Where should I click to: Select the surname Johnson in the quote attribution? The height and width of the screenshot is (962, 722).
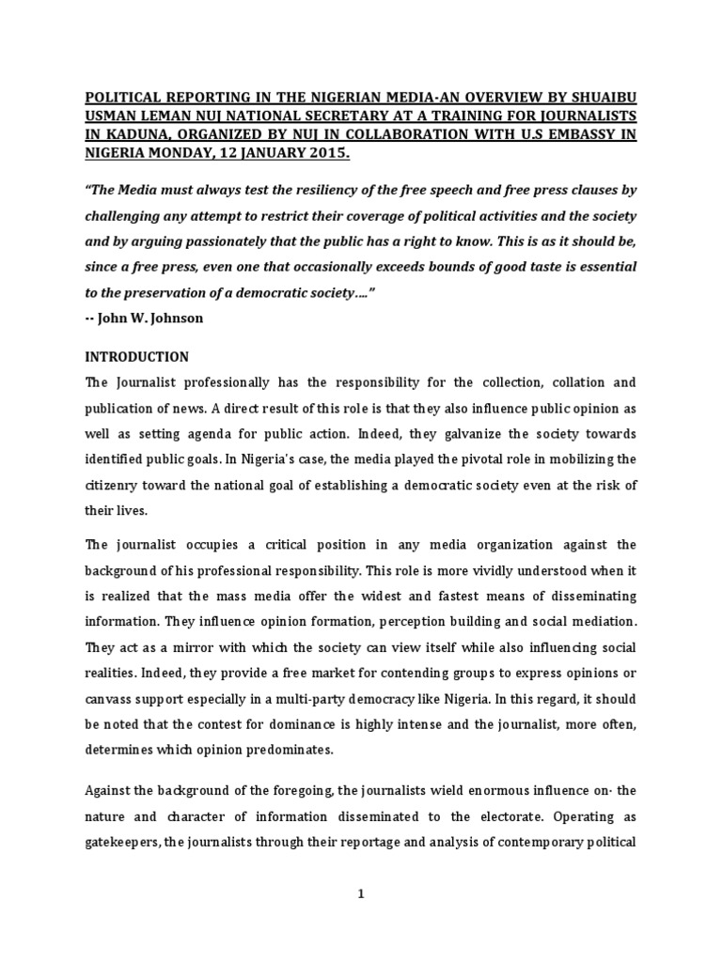[170, 317]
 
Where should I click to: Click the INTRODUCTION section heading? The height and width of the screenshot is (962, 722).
[137, 357]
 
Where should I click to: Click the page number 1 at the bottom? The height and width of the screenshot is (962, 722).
[360, 895]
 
